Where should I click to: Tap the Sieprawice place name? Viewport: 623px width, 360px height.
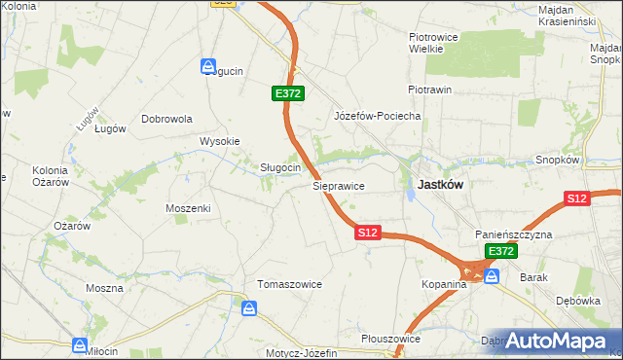338,184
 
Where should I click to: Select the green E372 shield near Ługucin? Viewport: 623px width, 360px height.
288,93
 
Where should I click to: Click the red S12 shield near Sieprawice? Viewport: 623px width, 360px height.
367,234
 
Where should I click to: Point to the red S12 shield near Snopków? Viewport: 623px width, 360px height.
577,198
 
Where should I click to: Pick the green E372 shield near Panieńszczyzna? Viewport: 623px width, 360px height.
501,251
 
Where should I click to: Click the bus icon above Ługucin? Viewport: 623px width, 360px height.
208,65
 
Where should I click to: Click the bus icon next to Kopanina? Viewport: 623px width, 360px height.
492,277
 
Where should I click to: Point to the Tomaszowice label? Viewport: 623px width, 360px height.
289,284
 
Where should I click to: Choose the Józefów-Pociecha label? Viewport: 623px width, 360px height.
377,116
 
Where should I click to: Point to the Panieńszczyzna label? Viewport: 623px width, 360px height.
514,234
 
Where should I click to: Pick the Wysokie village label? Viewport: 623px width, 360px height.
220,141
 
